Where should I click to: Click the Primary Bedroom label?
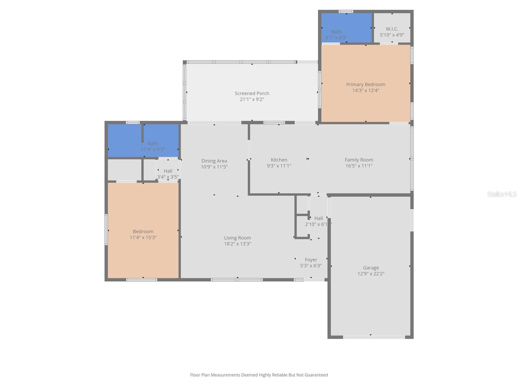[x=366, y=84]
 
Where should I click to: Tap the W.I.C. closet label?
[x=392, y=29]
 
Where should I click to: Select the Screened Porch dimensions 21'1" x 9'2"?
[x=252, y=99]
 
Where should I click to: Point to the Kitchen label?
[x=279, y=160]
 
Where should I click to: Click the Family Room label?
[x=359, y=160]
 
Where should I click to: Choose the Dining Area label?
[x=214, y=161]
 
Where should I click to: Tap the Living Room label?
[x=237, y=238]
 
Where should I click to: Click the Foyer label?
[x=311, y=260]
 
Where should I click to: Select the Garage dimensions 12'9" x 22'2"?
[x=371, y=274]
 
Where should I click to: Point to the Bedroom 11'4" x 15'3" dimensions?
[x=143, y=237]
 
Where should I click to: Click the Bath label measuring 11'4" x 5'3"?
[x=153, y=143]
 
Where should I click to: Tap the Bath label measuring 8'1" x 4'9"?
[x=336, y=32]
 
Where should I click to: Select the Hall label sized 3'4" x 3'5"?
[x=168, y=171]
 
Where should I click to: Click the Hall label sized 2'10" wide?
[x=318, y=218]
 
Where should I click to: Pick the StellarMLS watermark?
[x=502, y=194]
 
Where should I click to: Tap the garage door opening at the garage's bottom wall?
[x=374, y=337]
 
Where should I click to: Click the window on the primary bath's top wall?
[x=346, y=11]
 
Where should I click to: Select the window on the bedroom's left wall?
[x=106, y=229]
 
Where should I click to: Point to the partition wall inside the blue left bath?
[x=142, y=133]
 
